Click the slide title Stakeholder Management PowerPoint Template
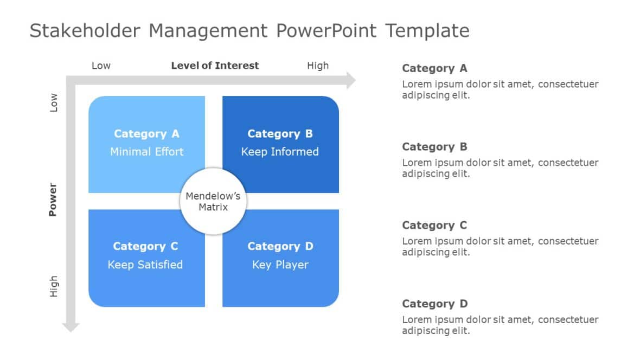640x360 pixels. [249, 30]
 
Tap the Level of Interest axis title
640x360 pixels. [215, 66]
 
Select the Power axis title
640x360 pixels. [53, 200]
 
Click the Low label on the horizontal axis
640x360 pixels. [101, 66]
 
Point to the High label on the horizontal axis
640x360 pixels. [318, 66]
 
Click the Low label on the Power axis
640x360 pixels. [54, 102]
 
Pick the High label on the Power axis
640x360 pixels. [54, 286]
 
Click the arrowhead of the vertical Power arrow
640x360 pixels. [71, 326]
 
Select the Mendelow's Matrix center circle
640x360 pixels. [213, 202]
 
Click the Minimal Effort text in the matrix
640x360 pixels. [147, 152]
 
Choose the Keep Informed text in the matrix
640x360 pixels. [280, 152]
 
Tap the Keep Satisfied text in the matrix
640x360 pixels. [145, 265]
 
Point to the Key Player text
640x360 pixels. [280, 265]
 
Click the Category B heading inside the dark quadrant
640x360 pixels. [280, 134]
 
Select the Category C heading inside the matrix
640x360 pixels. [145, 247]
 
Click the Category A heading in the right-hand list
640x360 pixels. [434, 68]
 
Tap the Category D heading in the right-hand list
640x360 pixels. [434, 304]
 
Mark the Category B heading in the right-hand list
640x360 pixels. [434, 147]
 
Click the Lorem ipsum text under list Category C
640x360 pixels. [500, 247]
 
